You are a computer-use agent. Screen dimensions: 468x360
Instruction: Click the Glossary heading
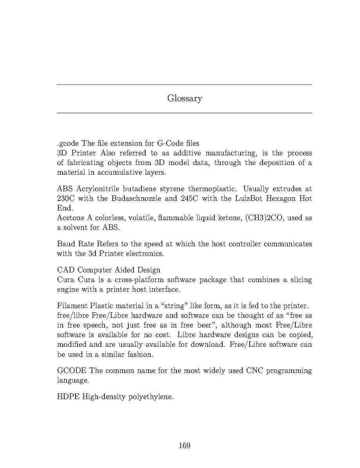coord(184,98)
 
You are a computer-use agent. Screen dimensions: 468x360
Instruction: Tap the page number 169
coord(184,445)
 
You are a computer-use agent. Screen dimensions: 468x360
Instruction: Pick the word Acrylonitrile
coord(99,189)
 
